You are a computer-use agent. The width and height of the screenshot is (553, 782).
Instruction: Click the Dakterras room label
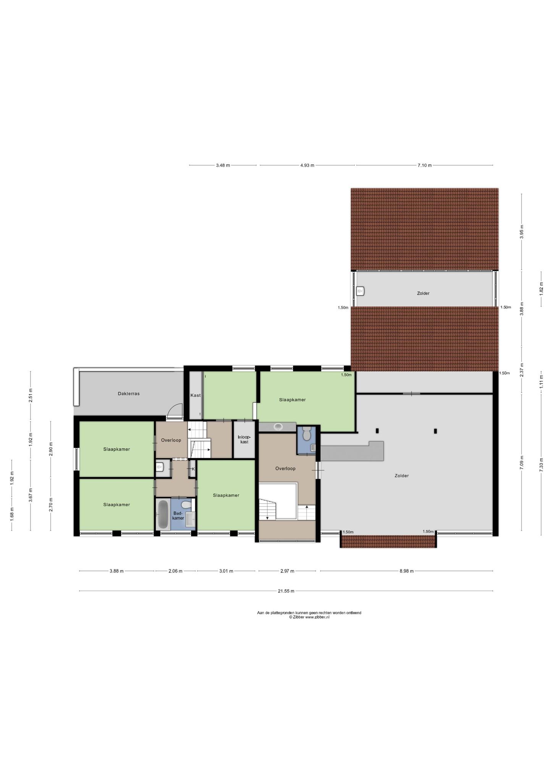(x=129, y=394)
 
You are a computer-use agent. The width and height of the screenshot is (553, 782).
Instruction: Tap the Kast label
(x=196, y=395)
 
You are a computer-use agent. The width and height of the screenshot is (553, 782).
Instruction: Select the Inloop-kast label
(x=244, y=439)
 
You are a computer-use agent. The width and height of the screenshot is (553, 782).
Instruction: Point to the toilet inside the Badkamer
(x=186, y=505)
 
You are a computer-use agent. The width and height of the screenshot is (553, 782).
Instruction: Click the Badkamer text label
(x=178, y=515)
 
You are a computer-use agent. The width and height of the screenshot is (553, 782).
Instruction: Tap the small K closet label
(x=193, y=469)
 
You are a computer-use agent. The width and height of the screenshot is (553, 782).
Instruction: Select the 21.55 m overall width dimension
(x=286, y=591)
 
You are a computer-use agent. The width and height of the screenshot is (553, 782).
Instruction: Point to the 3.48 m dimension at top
(x=223, y=165)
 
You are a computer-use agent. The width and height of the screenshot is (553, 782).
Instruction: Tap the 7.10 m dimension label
(x=424, y=165)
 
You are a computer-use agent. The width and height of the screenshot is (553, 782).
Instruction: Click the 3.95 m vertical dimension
(x=522, y=232)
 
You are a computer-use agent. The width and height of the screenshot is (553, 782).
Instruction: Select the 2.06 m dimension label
(x=176, y=571)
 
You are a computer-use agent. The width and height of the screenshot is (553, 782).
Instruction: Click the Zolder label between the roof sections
(x=423, y=293)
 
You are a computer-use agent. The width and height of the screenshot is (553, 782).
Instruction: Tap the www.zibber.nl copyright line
(x=309, y=617)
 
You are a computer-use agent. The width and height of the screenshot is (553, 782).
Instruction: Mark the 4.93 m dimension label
(x=307, y=165)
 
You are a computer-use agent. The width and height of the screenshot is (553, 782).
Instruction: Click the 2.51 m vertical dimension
(x=31, y=395)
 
